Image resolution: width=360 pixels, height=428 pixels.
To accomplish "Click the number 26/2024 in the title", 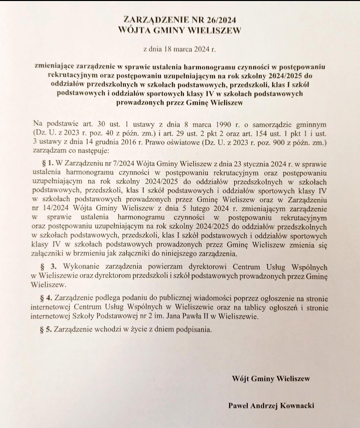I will tap(218, 20).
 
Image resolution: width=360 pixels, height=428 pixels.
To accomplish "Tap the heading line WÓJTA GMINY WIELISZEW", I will tap(179, 30).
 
